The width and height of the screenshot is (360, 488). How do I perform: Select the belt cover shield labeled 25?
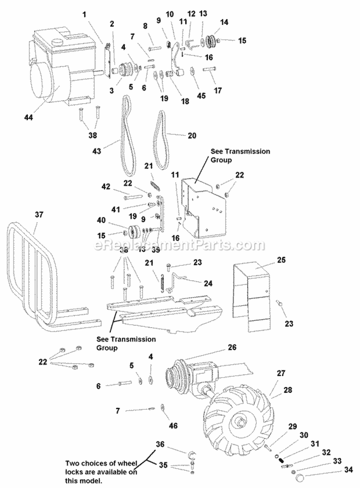pos(252,293)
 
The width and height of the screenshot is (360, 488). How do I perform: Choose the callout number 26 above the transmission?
pos(232,346)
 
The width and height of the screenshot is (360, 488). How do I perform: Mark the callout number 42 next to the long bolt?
pos(105,187)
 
